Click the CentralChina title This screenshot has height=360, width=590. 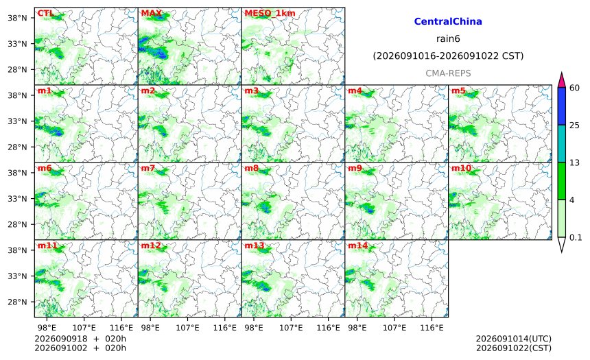pos(448,21)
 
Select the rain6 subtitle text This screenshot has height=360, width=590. pos(448,39)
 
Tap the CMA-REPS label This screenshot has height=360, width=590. pos(448,73)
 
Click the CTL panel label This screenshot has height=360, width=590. pos(45,14)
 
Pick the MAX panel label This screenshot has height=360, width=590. pos(151,14)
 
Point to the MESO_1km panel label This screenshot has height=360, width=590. pos(270,14)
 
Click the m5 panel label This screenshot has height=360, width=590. pos(458,91)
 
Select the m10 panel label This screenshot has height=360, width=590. pos(461,168)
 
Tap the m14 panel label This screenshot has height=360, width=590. pos(357,245)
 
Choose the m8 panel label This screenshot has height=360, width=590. pos(251,168)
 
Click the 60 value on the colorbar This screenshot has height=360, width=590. pos(574,88)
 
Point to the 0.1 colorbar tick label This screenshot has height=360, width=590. pos(576,237)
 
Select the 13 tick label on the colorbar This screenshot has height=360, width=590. pos(574,163)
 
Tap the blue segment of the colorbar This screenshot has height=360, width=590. pos(561,106)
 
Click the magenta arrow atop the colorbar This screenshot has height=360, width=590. pos(561,80)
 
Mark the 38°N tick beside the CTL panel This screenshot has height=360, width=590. pos(17,18)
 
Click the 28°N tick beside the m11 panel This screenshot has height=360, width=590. pos(17,302)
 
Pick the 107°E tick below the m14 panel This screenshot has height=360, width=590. pos(394,328)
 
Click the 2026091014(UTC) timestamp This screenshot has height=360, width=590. pos(514,339)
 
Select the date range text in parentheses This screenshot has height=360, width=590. pos(448,56)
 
